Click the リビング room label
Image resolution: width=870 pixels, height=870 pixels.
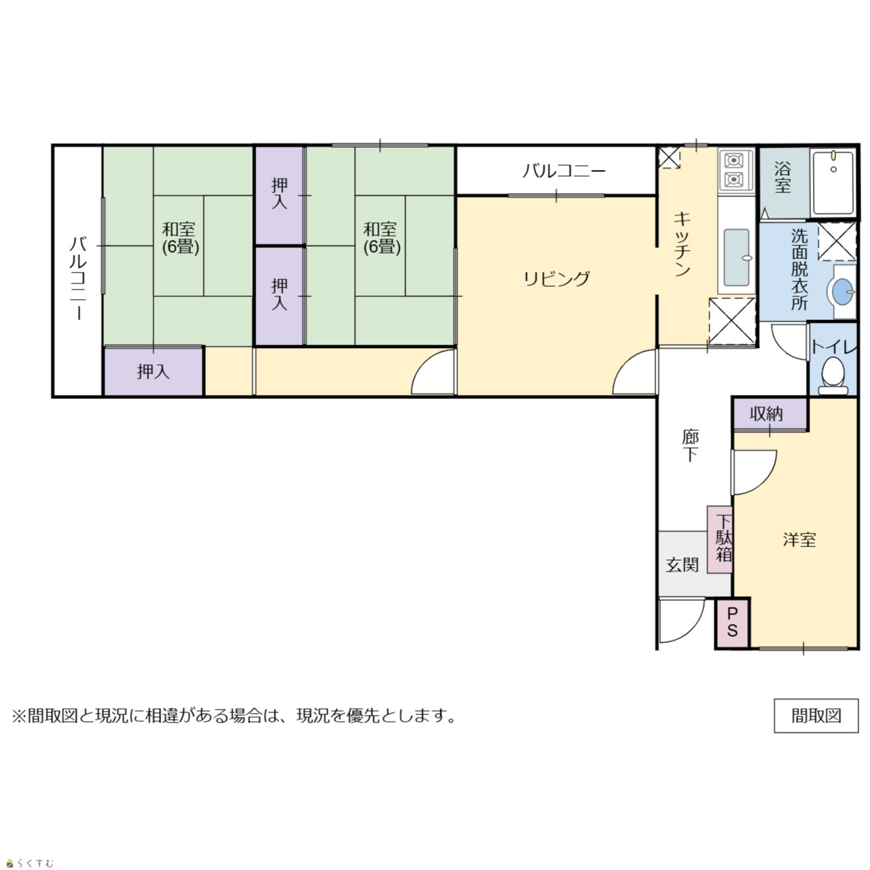click(x=556, y=279)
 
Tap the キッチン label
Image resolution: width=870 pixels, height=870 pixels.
click(x=682, y=244)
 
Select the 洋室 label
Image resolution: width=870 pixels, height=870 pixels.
click(x=799, y=540)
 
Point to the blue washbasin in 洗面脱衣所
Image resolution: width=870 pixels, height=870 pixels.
click(x=842, y=292)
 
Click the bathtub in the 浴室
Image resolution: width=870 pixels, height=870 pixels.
click(x=833, y=183)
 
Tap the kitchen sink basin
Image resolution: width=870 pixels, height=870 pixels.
click(x=737, y=258)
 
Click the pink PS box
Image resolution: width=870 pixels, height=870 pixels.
click(x=732, y=623)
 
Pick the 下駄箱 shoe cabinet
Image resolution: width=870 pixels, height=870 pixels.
click(x=719, y=539)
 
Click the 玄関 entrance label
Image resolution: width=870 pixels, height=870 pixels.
click(x=682, y=565)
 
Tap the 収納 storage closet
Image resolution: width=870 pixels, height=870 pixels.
click(x=770, y=413)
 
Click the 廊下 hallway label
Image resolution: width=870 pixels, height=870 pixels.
click(x=690, y=446)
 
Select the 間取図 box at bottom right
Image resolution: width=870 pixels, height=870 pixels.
click(x=816, y=716)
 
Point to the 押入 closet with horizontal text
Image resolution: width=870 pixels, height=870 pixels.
click(x=154, y=372)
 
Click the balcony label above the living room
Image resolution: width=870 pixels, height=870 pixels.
click(x=564, y=171)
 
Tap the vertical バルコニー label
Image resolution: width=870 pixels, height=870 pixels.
click(x=78, y=278)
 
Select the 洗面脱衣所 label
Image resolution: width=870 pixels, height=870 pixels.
click(x=799, y=269)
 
